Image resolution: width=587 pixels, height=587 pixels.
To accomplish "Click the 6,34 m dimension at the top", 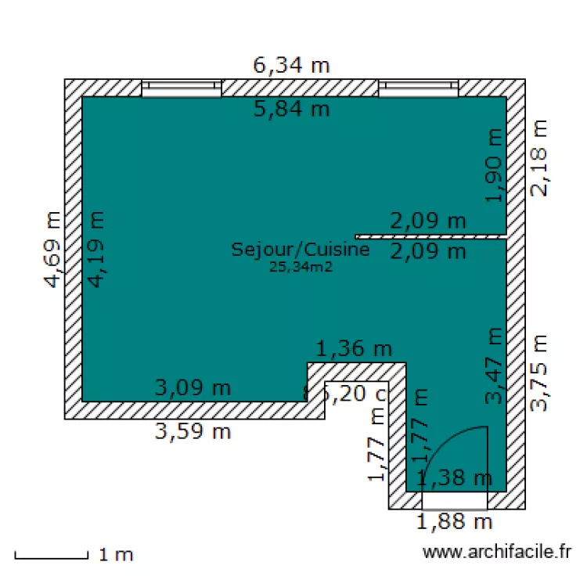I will [x=291, y=65].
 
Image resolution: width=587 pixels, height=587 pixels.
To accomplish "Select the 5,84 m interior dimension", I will [x=291, y=109].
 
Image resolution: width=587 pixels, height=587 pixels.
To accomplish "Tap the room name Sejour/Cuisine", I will [x=300, y=250].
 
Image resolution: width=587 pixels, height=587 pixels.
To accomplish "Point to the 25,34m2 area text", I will [x=301, y=267].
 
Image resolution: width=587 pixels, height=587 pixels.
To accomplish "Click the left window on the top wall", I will [x=182, y=88].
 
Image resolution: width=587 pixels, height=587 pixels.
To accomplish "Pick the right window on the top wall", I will [x=418, y=88].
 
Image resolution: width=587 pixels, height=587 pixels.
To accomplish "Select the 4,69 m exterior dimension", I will [x=52, y=250].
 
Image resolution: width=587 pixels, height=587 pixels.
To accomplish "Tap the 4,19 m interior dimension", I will [x=96, y=250].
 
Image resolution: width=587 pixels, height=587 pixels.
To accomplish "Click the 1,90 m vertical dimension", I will [x=493, y=165].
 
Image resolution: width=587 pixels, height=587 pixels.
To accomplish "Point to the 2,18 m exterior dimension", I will [x=540, y=157].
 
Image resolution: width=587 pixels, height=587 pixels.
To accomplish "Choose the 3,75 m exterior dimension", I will [x=539, y=373].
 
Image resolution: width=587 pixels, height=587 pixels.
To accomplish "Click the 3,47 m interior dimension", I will [x=494, y=366].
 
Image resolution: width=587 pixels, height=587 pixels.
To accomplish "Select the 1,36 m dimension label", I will [x=353, y=348].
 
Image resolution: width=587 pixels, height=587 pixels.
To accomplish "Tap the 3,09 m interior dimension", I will [x=193, y=387].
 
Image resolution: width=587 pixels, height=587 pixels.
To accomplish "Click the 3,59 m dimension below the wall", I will [x=193, y=431].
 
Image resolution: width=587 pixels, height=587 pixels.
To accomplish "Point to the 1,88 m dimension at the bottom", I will [x=454, y=520].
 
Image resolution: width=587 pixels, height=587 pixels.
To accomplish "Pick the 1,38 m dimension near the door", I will [x=454, y=477].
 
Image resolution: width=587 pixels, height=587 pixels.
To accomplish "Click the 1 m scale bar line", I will [x=51, y=557].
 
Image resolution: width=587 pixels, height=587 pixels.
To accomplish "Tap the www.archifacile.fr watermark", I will [x=497, y=553].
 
